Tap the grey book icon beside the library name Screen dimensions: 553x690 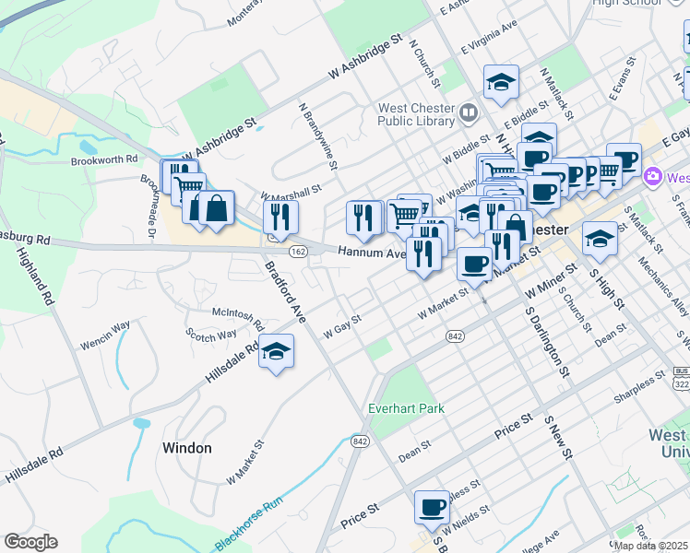pyautogui.click(x=470, y=112)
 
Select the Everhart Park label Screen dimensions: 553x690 pyautogui.click(x=406, y=408)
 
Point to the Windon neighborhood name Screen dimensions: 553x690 pyautogui.click(x=186, y=448)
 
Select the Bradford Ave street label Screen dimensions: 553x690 pyautogui.click(x=285, y=292)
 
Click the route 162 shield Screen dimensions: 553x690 pyautogui.click(x=297, y=252)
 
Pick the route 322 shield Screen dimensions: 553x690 pyautogui.click(x=681, y=382)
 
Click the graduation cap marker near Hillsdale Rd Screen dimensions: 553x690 pyautogui.click(x=275, y=352)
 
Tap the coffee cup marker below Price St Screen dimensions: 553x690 pyautogui.click(x=432, y=507)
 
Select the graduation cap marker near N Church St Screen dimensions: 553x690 pyautogui.click(x=501, y=82)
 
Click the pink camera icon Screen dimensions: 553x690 pyautogui.click(x=653, y=176)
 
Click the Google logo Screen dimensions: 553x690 pyautogui.click(x=30, y=542)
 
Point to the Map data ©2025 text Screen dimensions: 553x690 pyautogui.click(x=650, y=545)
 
